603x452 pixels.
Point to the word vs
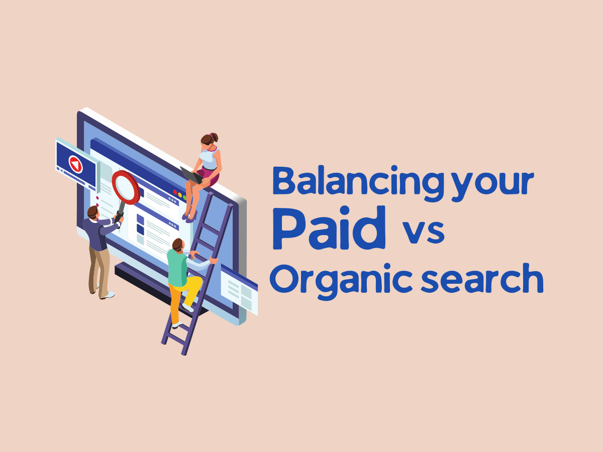(423, 232)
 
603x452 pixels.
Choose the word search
(482, 278)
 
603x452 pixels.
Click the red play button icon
(75, 164)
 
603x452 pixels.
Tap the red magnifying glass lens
(126, 187)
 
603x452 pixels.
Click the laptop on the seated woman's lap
(191, 175)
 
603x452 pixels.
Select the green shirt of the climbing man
(177, 268)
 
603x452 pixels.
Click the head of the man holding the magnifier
(93, 212)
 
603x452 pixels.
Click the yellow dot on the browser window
(180, 195)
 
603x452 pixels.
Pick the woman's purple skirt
(210, 176)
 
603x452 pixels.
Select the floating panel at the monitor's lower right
(239, 290)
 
